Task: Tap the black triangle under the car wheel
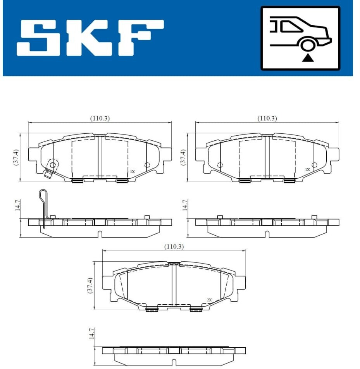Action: pyautogui.click(x=308, y=58)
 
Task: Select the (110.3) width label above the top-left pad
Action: pyautogui.click(x=100, y=118)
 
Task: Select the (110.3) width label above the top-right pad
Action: pyautogui.click(x=267, y=118)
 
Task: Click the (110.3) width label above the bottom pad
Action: pyautogui.click(x=174, y=247)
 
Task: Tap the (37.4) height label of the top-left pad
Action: pyautogui.click(x=16, y=157)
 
